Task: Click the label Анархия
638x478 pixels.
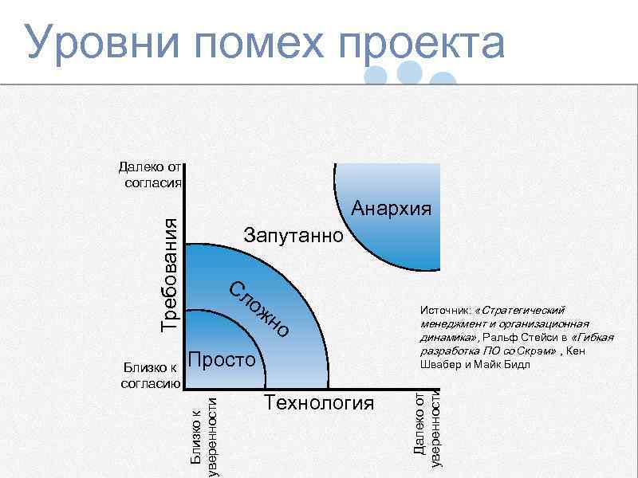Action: click(392, 209)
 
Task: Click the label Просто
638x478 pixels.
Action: click(222, 358)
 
